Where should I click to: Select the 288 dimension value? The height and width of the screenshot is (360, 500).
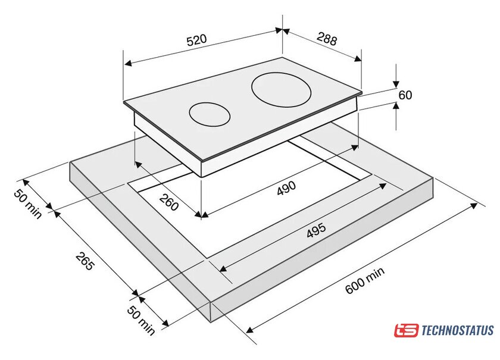327,40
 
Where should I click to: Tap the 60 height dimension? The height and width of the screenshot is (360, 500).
405,95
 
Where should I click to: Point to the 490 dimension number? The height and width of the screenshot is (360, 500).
286,187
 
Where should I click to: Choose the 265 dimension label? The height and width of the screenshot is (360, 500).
85,261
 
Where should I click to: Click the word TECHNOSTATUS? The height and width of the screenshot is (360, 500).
457,330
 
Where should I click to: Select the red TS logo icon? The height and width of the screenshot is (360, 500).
406,330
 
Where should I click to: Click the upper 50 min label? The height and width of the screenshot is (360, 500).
29,203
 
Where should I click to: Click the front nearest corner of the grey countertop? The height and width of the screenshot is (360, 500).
212,321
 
